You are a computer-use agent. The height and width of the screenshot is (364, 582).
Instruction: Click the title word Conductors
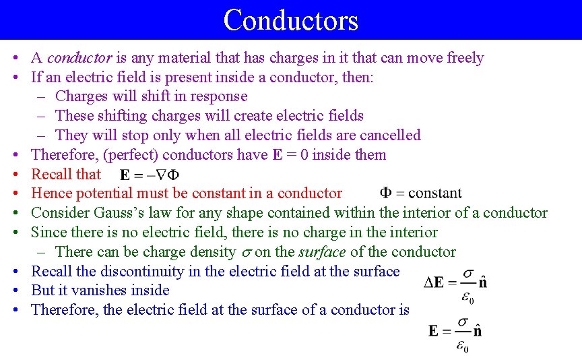click(x=290, y=20)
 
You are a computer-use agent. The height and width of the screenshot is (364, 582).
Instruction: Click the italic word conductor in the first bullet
click(x=79, y=58)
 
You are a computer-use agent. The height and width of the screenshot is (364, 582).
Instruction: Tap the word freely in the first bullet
click(x=461, y=58)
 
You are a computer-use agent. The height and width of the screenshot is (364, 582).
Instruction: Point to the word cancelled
click(x=386, y=135)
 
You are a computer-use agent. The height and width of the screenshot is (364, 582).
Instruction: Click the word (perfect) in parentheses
click(x=131, y=154)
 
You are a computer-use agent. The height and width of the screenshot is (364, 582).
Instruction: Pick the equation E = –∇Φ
click(x=150, y=175)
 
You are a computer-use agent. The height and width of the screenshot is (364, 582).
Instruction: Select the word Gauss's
click(x=122, y=213)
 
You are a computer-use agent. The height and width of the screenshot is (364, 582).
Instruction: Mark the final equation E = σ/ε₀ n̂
click(x=455, y=334)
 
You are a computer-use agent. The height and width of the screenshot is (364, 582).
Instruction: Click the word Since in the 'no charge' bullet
click(x=47, y=233)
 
